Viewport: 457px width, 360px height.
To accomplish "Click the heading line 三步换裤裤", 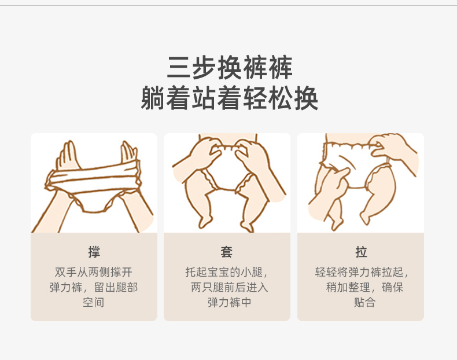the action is pyautogui.click(x=230, y=67).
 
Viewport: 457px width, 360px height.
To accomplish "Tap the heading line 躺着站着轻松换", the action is pyautogui.click(x=229, y=98).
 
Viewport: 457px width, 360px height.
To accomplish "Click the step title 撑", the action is pyautogui.click(x=94, y=252).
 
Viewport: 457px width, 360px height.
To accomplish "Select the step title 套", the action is pyautogui.click(x=226, y=252).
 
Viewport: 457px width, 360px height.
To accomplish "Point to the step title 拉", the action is pyautogui.click(x=361, y=252).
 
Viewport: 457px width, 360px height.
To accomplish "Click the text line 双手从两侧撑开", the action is pyautogui.click(x=94, y=272).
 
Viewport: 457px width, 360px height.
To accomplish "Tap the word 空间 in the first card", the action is pyautogui.click(x=93, y=302).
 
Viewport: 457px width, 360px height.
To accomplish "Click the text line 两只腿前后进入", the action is pyautogui.click(x=230, y=288).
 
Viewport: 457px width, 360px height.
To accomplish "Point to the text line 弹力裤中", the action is pyautogui.click(x=230, y=302).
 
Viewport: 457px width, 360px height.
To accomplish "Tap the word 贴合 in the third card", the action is pyautogui.click(x=364, y=302).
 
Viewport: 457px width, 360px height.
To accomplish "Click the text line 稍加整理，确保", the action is pyautogui.click(x=364, y=288).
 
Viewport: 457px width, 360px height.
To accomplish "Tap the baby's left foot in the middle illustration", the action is pyautogui.click(x=205, y=222).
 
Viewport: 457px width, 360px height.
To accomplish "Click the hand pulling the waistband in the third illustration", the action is pyautogui.click(x=392, y=146).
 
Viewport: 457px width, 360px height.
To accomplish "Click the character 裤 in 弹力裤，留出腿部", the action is pyautogui.click(x=77, y=288).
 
